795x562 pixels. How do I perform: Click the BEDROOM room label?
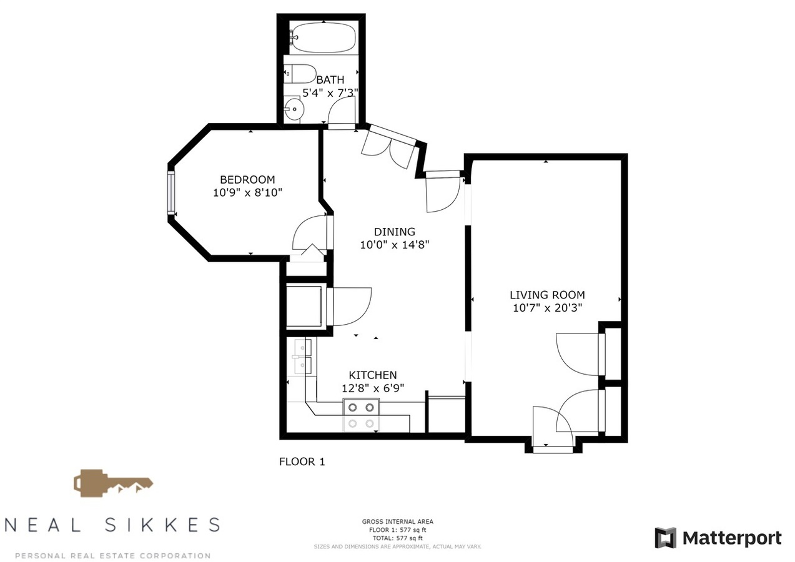[247, 180]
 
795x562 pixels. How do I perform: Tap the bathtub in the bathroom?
[323, 37]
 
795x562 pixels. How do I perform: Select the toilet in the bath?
[300, 74]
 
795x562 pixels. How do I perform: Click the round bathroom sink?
[294, 109]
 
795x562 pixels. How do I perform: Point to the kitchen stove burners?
[361, 415]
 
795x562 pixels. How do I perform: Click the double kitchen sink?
[302, 356]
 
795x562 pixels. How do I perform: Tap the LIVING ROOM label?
[547, 295]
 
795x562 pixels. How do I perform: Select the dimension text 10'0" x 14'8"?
[395, 245]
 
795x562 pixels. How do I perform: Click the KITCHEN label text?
[373, 375]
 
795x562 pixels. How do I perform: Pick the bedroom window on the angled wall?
[171, 193]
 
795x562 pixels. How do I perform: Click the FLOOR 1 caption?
[302, 461]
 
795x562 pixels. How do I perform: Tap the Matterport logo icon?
[665, 538]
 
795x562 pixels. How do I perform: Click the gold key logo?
[113, 483]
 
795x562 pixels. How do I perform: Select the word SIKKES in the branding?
[162, 525]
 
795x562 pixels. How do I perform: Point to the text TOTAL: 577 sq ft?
[397, 538]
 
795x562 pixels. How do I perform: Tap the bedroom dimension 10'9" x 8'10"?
[247, 193]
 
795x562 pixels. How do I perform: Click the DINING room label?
[395, 232]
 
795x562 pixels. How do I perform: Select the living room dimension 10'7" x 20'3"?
[548, 308]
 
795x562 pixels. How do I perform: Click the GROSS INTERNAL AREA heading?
[397, 521]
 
